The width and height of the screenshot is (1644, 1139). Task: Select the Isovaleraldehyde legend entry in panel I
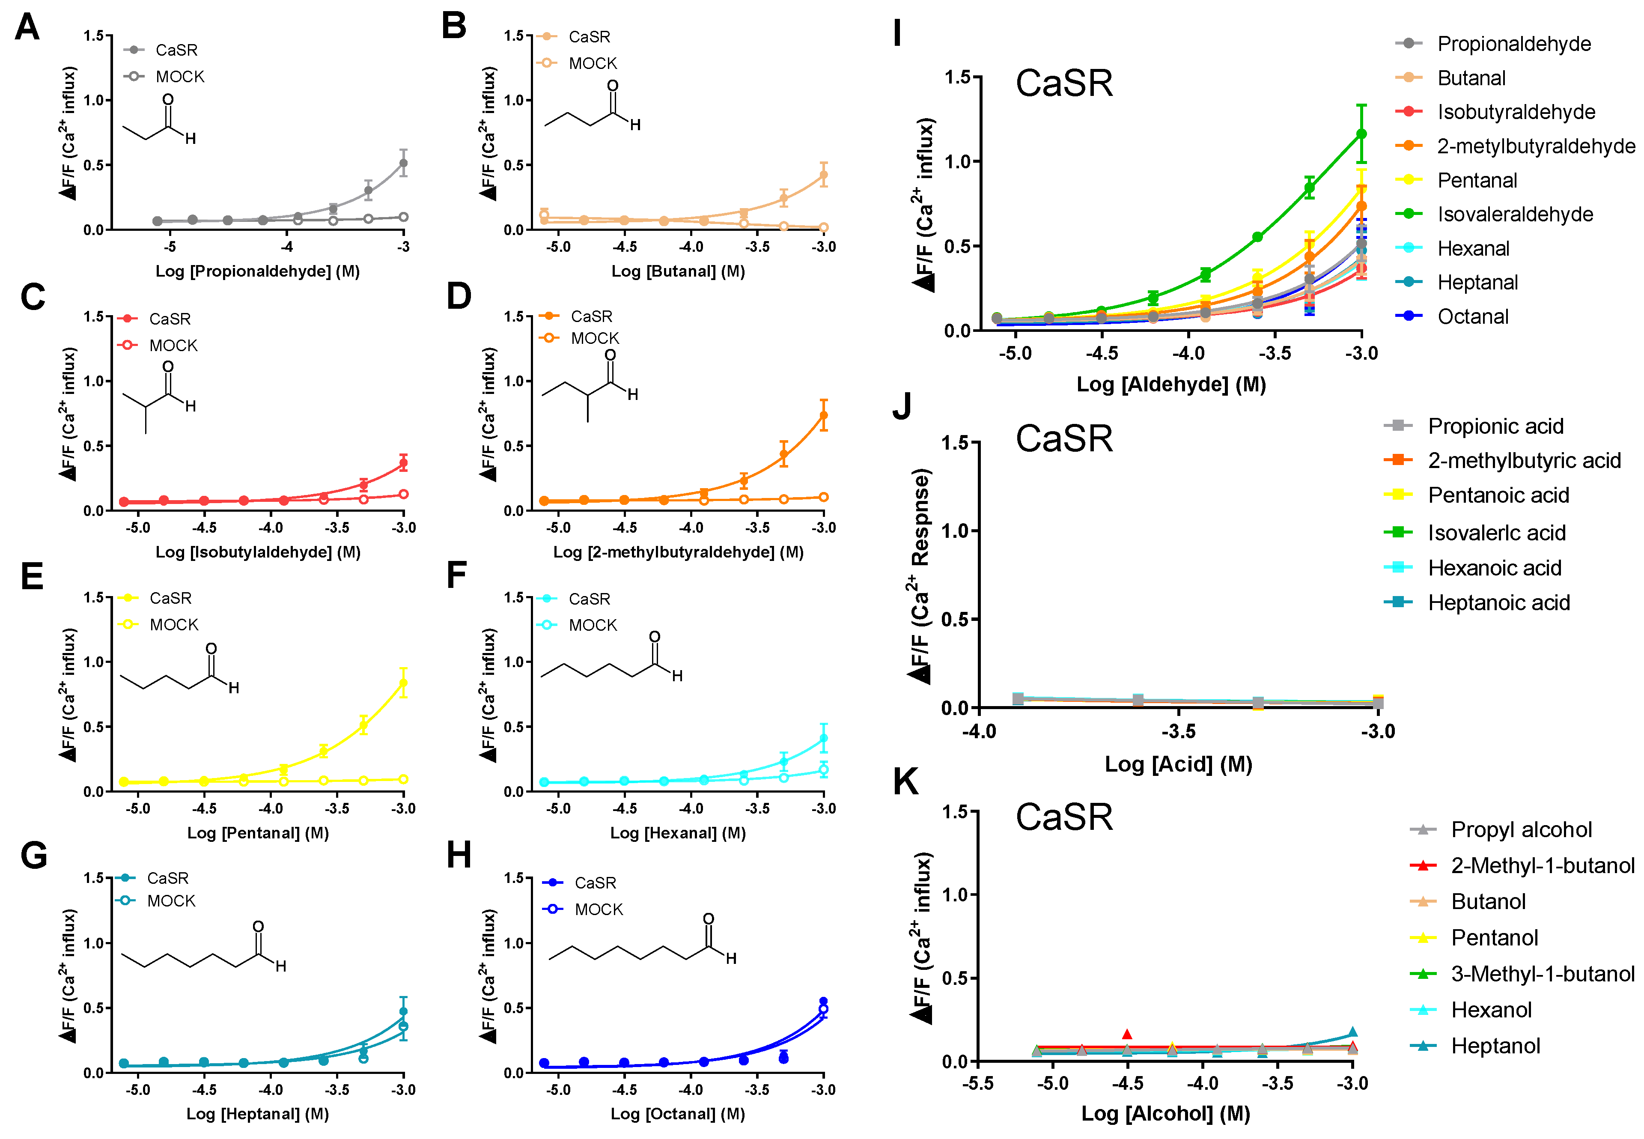[x=1514, y=214]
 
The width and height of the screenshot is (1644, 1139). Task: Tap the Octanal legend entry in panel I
[x=1472, y=316]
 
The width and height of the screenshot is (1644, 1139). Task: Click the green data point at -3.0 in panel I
[x=1361, y=134]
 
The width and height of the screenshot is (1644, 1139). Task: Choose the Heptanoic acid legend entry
[x=1498, y=603]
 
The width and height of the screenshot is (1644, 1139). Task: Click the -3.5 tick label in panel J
[x=1178, y=731]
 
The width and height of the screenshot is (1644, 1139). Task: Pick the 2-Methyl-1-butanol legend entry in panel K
[x=1542, y=866]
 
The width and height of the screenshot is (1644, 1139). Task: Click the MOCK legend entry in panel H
[x=598, y=909]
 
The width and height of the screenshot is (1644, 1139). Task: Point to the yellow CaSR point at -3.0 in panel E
[x=403, y=684]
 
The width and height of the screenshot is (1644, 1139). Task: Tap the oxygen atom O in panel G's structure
[x=258, y=926]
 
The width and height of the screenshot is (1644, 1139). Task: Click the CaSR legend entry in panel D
[x=591, y=316]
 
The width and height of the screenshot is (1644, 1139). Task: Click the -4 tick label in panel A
[x=286, y=247]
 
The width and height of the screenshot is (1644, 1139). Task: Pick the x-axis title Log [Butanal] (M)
[x=677, y=271]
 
